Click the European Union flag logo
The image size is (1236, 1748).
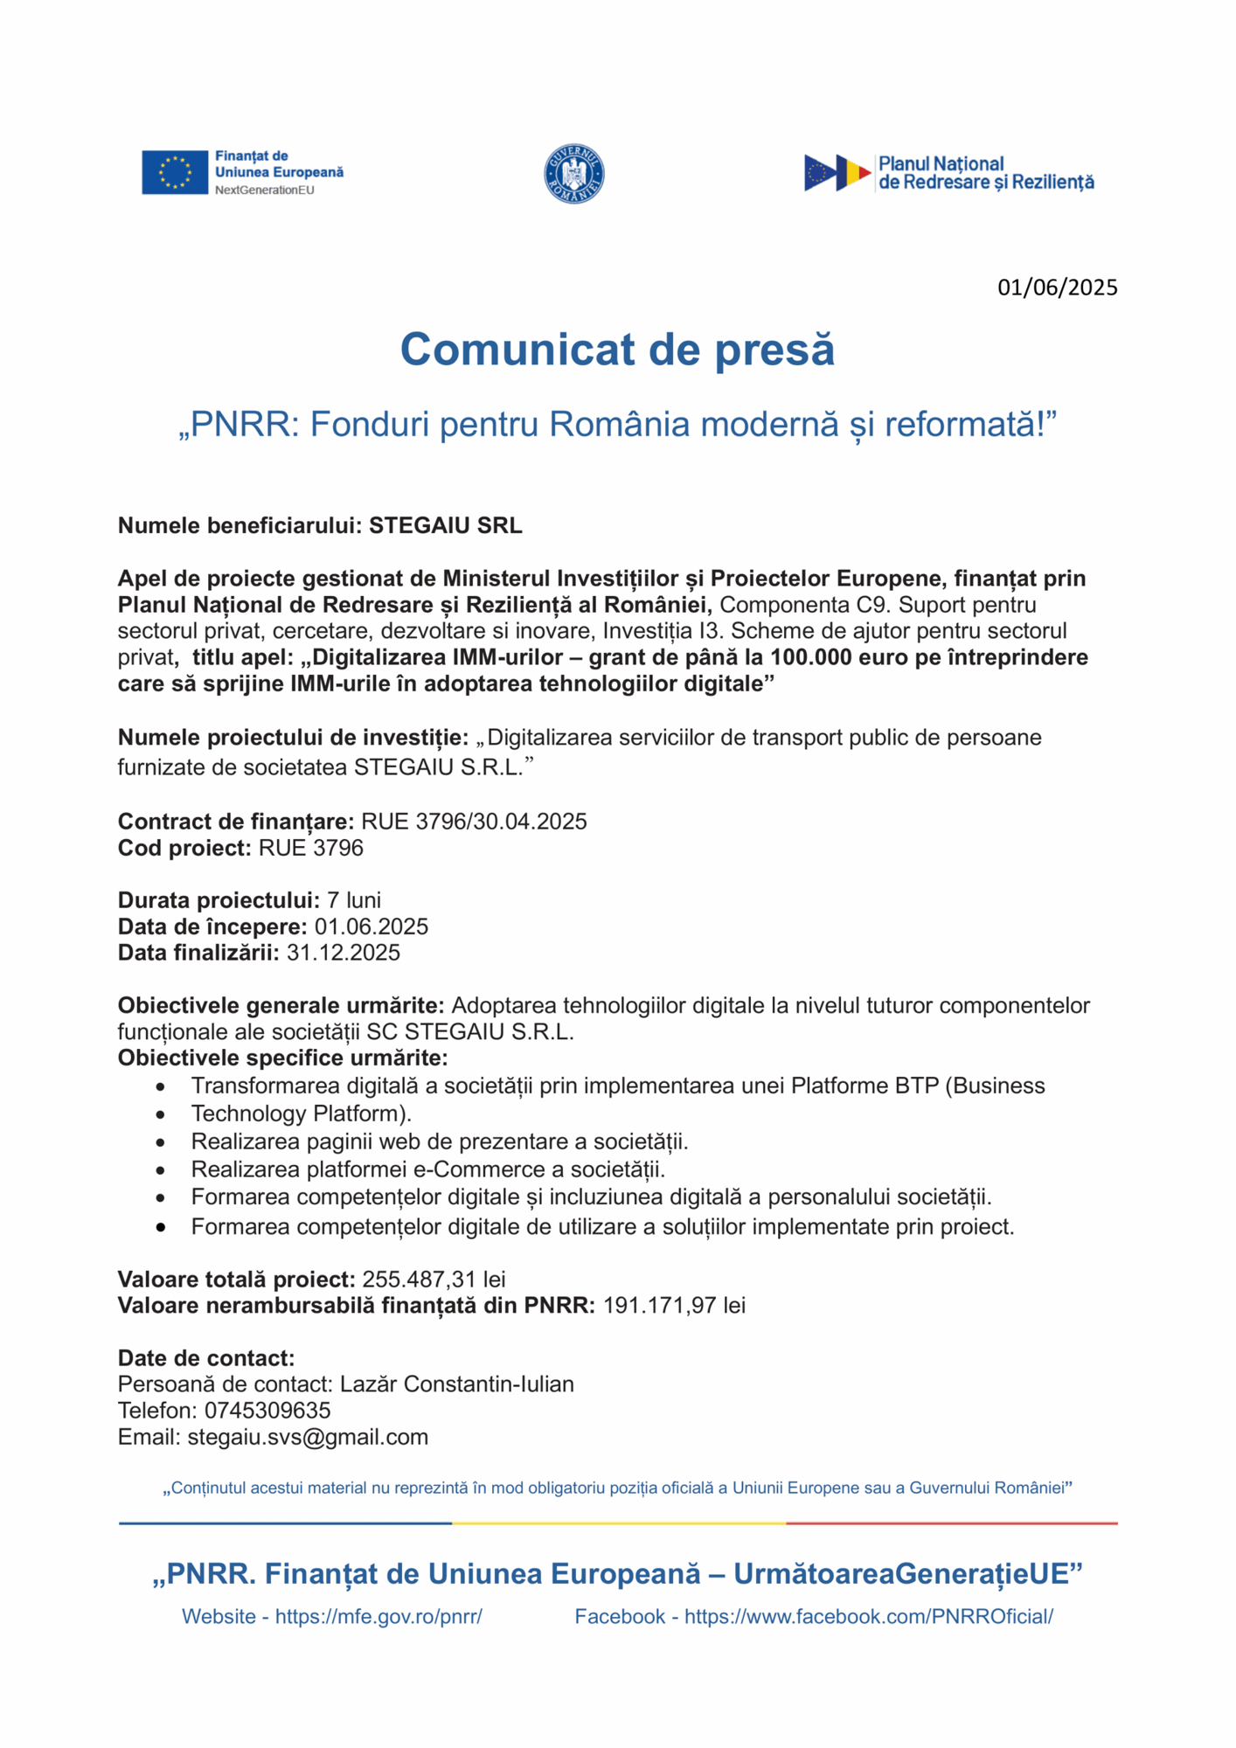[175, 172]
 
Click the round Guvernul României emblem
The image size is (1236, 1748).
[574, 174]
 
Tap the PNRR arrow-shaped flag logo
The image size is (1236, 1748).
[837, 173]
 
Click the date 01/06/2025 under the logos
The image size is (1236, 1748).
[1057, 288]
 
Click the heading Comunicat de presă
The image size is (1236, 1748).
[617, 350]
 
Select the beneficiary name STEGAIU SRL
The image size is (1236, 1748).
[445, 525]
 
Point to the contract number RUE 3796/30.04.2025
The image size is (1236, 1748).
[474, 822]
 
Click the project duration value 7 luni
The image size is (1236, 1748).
[354, 900]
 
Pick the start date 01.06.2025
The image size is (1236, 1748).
[371, 926]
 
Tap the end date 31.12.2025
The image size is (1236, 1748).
[344, 953]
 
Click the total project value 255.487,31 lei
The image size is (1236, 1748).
[434, 1280]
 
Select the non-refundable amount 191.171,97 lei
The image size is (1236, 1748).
[674, 1306]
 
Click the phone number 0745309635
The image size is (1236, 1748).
[267, 1411]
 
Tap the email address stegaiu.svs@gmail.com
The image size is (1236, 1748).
[308, 1437]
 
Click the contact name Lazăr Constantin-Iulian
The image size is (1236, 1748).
[456, 1384]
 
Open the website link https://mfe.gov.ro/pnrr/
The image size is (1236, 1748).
[378, 1617]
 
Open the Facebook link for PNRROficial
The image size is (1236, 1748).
[868, 1617]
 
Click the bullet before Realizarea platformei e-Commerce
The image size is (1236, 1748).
[160, 1170]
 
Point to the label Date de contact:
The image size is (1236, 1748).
[206, 1358]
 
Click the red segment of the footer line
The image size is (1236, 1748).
[951, 1523]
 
